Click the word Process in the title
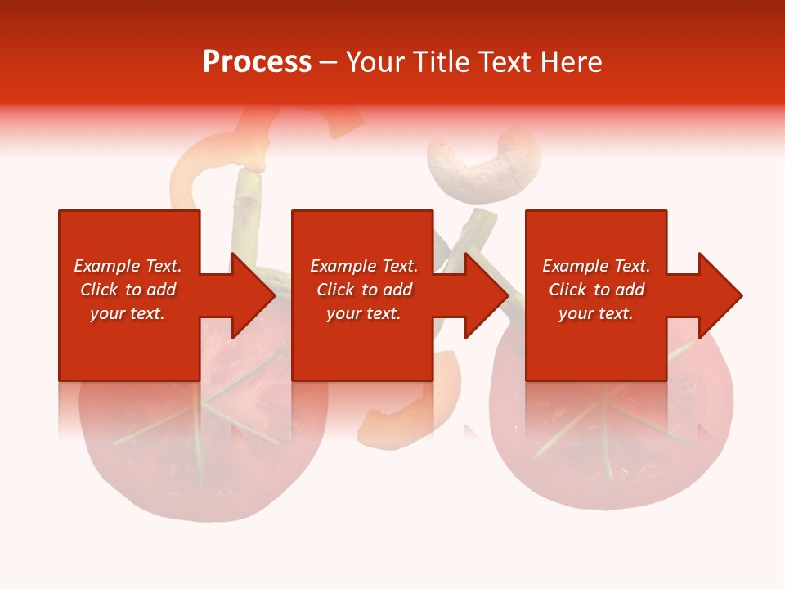[257, 62]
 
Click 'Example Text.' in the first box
[128, 266]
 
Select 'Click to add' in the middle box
[364, 290]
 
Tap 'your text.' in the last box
[595, 313]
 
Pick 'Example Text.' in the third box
[595, 266]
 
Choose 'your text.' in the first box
[128, 313]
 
